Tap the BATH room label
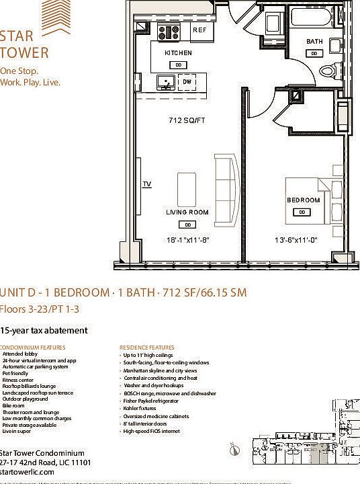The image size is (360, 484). tap(314, 42)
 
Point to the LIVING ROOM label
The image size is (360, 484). tap(187, 212)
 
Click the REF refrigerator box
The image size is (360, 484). tap(199, 31)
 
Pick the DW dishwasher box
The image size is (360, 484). tap(188, 82)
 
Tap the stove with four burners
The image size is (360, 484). tap(168, 32)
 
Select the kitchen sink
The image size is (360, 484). tap(166, 82)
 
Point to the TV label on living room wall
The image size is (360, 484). tap(146, 184)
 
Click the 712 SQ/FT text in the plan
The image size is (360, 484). tap(186, 122)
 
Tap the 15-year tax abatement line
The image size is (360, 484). tap(44, 331)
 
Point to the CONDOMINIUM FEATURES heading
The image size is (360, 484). tap(34, 348)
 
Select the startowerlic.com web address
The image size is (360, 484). tap(28, 473)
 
